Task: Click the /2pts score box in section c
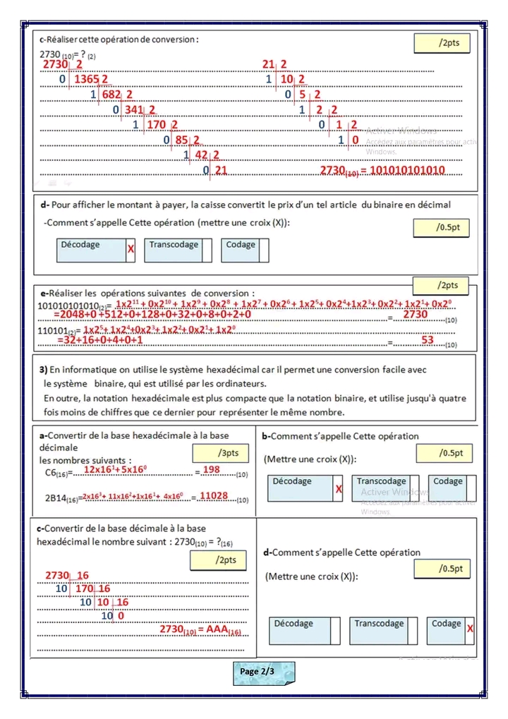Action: (x=442, y=43)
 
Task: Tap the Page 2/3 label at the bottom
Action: (x=263, y=672)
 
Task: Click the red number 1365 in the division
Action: (x=87, y=79)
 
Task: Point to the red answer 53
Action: (x=428, y=340)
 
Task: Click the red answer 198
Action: (x=211, y=470)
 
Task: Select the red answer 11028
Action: (x=214, y=496)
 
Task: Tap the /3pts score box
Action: (x=220, y=453)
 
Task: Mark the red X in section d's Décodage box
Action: (x=131, y=249)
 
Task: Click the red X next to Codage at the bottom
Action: (x=470, y=629)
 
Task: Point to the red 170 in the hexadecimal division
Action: (x=85, y=588)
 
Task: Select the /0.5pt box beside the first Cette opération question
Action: (x=442, y=228)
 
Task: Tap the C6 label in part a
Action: (x=52, y=472)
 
